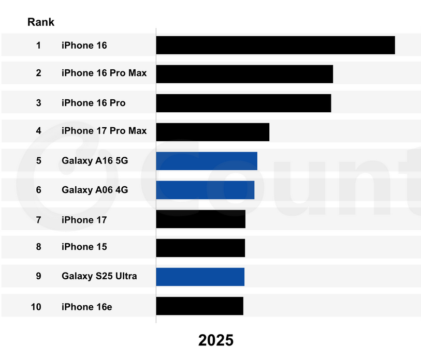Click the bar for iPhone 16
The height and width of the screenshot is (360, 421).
coord(275,45)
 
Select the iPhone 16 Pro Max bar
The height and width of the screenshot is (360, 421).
coord(244,73)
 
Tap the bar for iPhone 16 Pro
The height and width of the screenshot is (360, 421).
coord(243,103)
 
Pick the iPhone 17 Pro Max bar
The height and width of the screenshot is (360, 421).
coord(212,132)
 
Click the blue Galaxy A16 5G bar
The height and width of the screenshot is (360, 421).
coord(206,161)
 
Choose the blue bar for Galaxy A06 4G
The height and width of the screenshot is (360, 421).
coord(205,190)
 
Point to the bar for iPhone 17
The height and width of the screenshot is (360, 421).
coord(200,219)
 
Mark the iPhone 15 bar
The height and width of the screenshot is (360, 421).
coord(200,248)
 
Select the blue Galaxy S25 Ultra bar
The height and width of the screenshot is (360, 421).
coord(200,277)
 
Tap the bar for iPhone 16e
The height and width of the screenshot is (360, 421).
coord(199,306)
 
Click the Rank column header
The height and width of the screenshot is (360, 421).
coord(41,22)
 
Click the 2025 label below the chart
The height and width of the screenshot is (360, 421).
coord(216,340)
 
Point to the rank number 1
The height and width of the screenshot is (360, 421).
coord(38,46)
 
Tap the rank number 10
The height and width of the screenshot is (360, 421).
coord(36,307)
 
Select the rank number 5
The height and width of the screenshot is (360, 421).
coord(38,161)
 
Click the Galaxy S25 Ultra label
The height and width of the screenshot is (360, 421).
coord(99,276)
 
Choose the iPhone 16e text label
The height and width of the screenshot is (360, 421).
coord(86,307)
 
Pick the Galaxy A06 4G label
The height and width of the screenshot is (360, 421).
coord(95,190)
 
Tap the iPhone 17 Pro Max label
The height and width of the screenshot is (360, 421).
coord(104,131)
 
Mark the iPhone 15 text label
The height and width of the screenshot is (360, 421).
coord(84,247)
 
